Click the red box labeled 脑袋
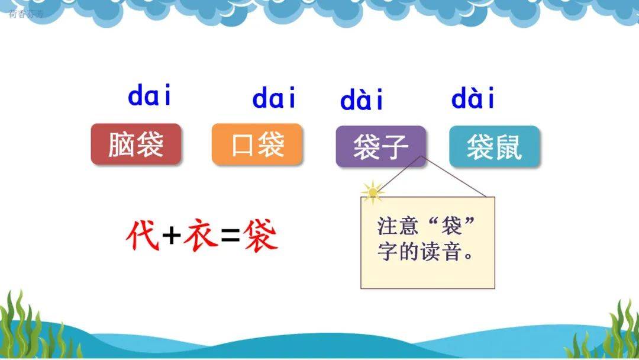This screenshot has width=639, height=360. (x=135, y=144)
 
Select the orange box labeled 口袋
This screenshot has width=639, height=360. (x=257, y=144)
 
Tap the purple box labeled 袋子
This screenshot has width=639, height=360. (x=380, y=146)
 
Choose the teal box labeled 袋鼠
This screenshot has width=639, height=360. (x=494, y=146)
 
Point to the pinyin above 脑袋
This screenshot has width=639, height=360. (x=150, y=95)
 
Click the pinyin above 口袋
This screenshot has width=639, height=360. (x=273, y=97)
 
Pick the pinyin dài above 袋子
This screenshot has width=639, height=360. (x=362, y=99)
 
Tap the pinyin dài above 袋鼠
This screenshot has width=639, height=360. (x=473, y=98)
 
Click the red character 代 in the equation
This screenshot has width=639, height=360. (x=143, y=235)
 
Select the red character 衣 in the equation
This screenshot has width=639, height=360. (x=201, y=235)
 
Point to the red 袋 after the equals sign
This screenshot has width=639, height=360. (x=261, y=235)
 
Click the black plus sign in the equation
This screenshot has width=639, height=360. (x=172, y=235)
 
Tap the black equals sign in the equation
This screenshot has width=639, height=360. (x=231, y=236)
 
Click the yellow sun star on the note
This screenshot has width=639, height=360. (x=373, y=192)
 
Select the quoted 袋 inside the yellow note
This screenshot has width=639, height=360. (x=451, y=226)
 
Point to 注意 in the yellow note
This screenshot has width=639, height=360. (x=398, y=226)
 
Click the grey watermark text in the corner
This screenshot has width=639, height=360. (x=25, y=14)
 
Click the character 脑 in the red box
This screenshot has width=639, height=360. (x=121, y=144)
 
